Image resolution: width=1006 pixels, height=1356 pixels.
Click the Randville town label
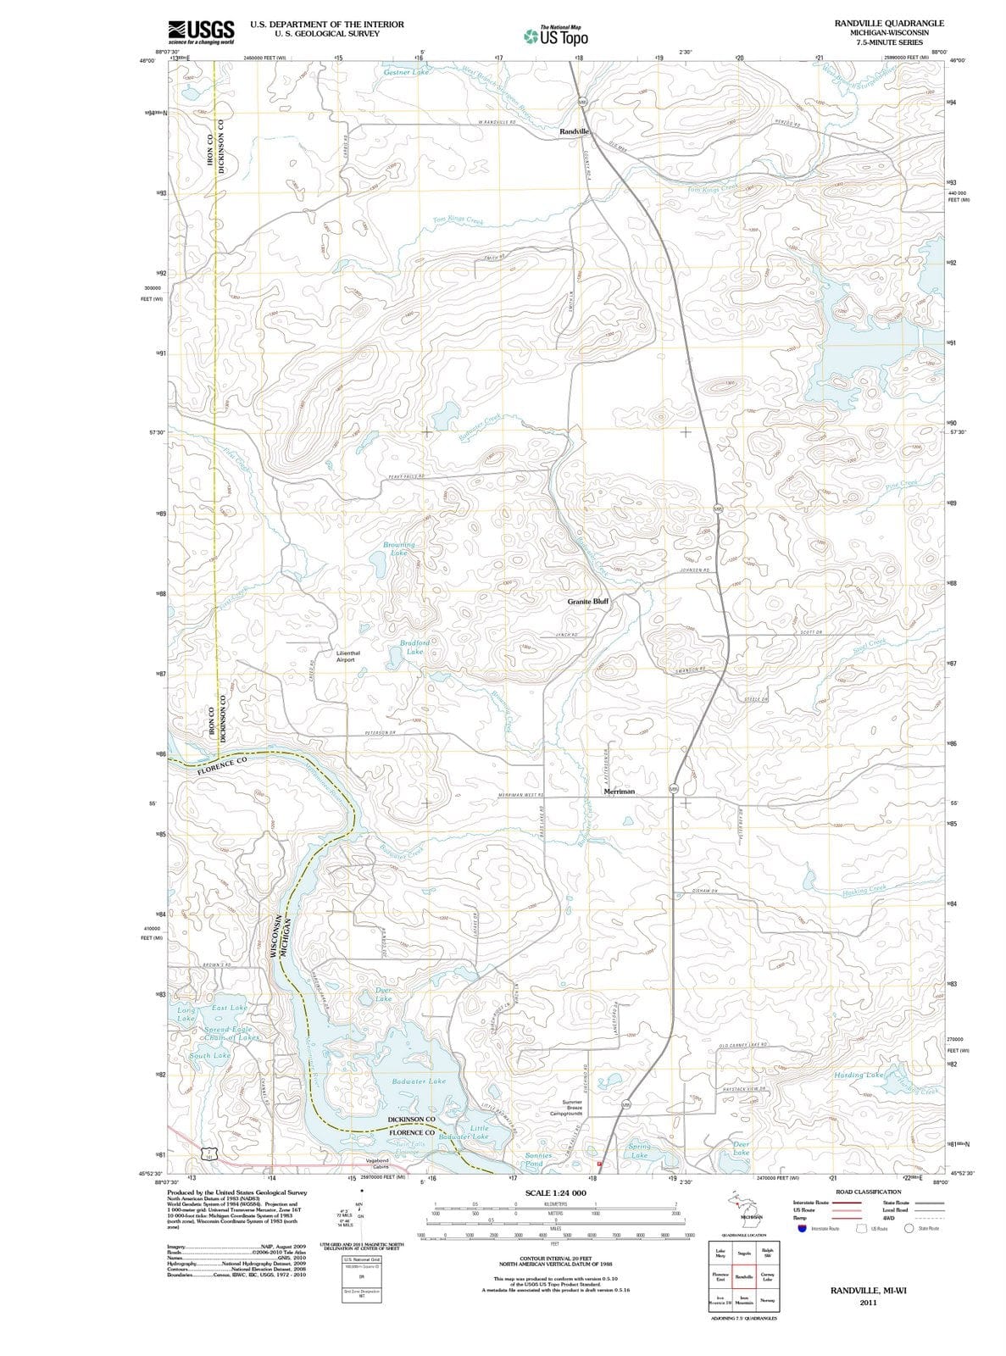click(574, 132)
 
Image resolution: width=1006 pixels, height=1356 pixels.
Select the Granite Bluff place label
click(588, 601)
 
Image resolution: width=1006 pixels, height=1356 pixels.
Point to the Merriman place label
click(619, 791)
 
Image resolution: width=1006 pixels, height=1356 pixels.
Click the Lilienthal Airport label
click(347, 656)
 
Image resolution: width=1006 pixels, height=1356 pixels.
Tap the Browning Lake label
click(399, 548)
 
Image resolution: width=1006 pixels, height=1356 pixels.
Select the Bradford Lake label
click(415, 647)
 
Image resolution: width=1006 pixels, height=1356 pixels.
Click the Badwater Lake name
click(419, 1081)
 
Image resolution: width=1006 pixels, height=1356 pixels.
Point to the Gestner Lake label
click(407, 73)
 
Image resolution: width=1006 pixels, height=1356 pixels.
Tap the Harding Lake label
click(859, 1075)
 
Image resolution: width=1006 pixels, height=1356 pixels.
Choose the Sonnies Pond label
click(539, 1159)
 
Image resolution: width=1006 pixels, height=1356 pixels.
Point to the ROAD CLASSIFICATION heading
click(868, 1192)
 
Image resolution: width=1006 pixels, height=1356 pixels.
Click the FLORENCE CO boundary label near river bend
click(222, 765)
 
